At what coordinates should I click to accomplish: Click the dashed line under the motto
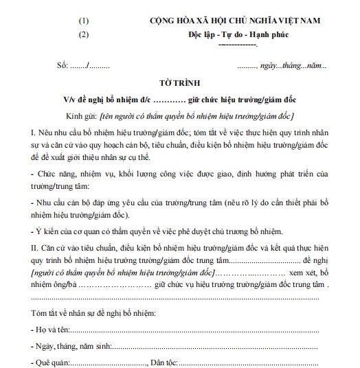(x=236, y=45)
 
